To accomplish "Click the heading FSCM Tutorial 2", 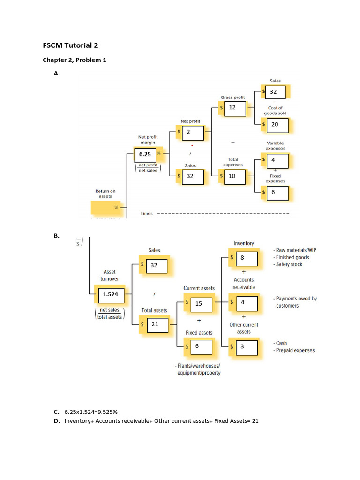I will point(70,46).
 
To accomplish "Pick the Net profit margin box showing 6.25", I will point(146,153).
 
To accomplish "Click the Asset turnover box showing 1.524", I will point(111,294).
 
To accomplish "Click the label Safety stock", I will point(289,264).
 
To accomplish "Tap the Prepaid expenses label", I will point(295,350).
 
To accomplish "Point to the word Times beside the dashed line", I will point(147,213).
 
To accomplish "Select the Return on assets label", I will point(105,194).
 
